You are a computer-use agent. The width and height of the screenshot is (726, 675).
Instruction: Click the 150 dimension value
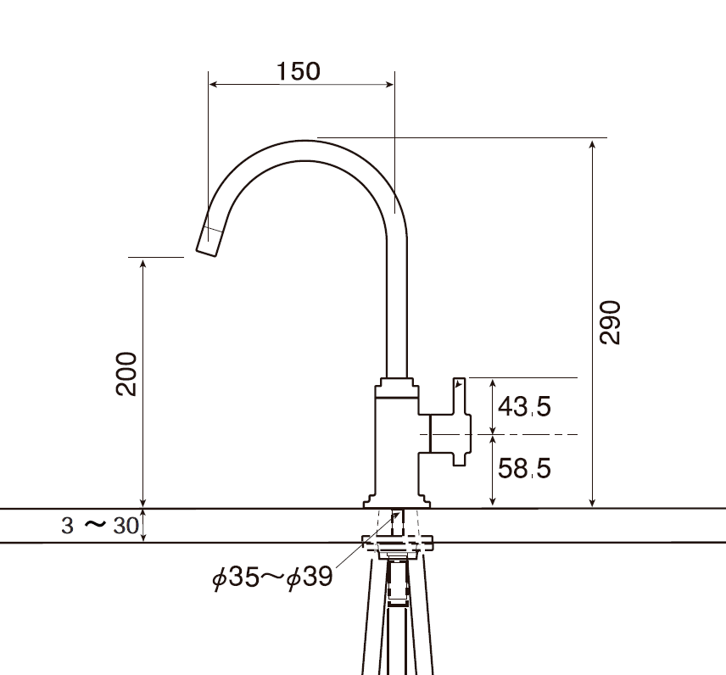pyautogui.click(x=299, y=71)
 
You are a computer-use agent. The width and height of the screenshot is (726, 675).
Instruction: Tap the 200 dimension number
pyautogui.click(x=127, y=373)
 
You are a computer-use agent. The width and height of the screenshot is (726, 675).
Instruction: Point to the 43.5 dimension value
pyautogui.click(x=524, y=407)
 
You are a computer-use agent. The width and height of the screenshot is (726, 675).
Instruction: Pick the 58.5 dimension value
pyautogui.click(x=524, y=467)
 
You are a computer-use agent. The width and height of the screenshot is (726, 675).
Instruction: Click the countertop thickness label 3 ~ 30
pyautogui.click(x=99, y=526)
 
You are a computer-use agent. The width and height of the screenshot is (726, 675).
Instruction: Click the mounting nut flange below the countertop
pyautogui.click(x=399, y=541)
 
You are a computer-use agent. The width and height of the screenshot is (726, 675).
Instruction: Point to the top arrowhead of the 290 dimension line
pyautogui.click(x=593, y=144)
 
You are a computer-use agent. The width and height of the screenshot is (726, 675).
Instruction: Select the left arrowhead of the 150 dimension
pyautogui.click(x=214, y=84)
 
